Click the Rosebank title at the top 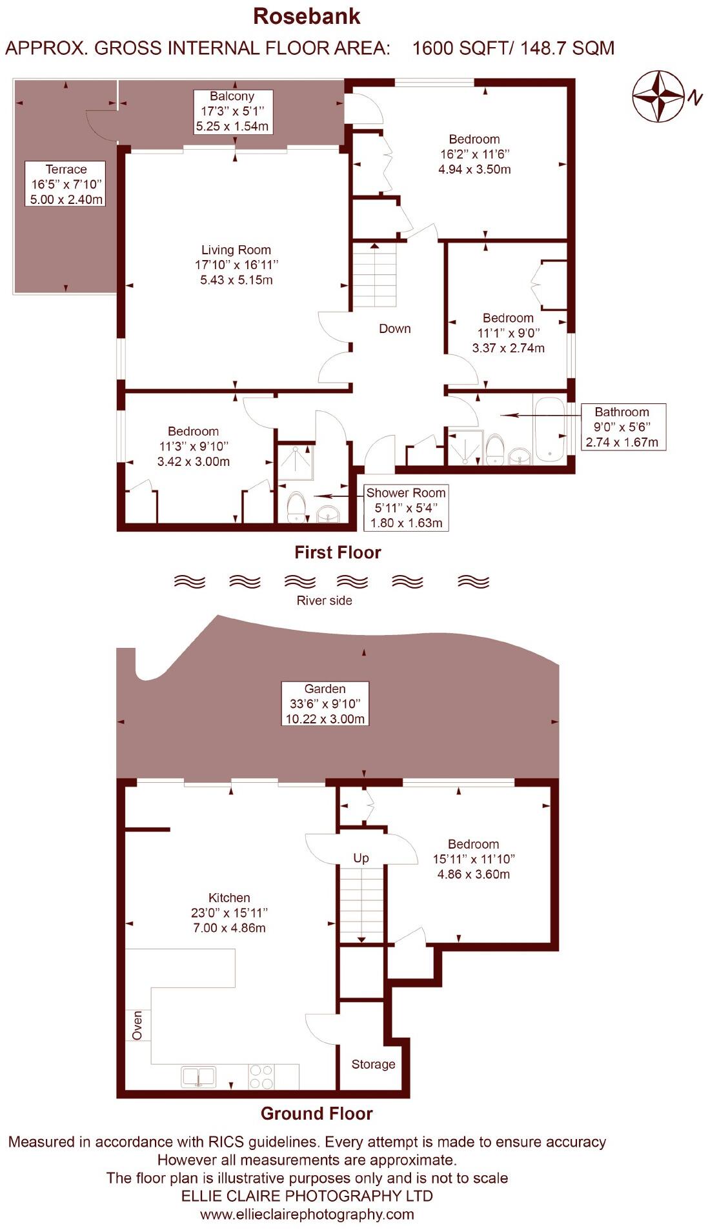[307, 16]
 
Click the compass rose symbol [658, 97]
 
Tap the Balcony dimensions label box [232, 112]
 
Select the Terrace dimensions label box [66, 184]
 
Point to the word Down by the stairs [394, 328]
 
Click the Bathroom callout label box [622, 427]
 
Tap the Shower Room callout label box [406, 508]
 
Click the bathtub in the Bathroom [549, 429]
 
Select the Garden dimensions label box [325, 704]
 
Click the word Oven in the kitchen [137, 1025]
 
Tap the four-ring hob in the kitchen [261, 1076]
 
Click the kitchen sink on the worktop [199, 1076]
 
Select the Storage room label [373, 1064]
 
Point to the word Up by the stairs [361, 858]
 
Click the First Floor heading [338, 552]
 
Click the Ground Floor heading [316, 1114]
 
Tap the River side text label [324, 601]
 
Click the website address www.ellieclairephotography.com [307, 1215]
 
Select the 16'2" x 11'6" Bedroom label [474, 154]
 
